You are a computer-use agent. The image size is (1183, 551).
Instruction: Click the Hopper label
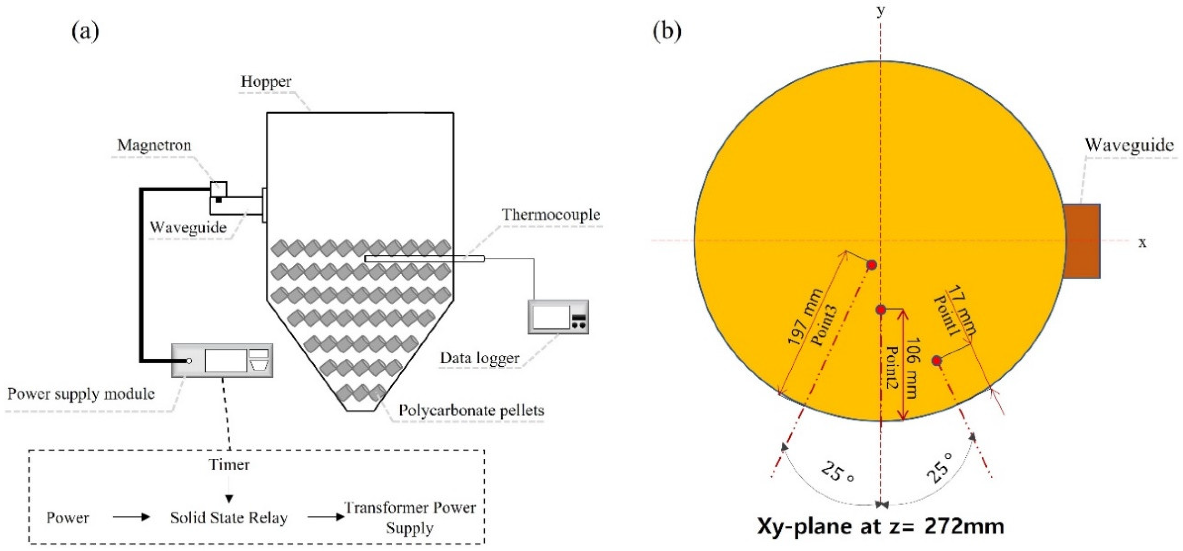pyautogui.click(x=266, y=82)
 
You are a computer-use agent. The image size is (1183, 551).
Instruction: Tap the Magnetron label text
pyautogui.click(x=154, y=145)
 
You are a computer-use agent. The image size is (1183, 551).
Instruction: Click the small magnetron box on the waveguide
pyautogui.click(x=219, y=190)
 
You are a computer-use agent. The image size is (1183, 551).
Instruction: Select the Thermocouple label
pyautogui.click(x=551, y=215)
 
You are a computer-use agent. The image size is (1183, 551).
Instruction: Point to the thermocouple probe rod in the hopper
pyautogui.click(x=424, y=259)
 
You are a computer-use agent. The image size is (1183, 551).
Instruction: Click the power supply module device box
pyautogui.click(x=222, y=361)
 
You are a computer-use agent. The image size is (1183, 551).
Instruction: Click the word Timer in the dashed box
pyautogui.click(x=229, y=465)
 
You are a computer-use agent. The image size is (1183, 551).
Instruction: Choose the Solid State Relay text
pyautogui.click(x=229, y=518)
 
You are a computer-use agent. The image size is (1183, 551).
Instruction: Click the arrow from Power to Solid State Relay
pyautogui.click(x=131, y=517)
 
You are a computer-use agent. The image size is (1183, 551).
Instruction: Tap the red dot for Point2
pyautogui.click(x=880, y=310)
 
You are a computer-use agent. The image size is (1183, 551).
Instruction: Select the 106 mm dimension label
pyautogui.click(x=912, y=368)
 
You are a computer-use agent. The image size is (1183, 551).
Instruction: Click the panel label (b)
pyautogui.click(x=667, y=31)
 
